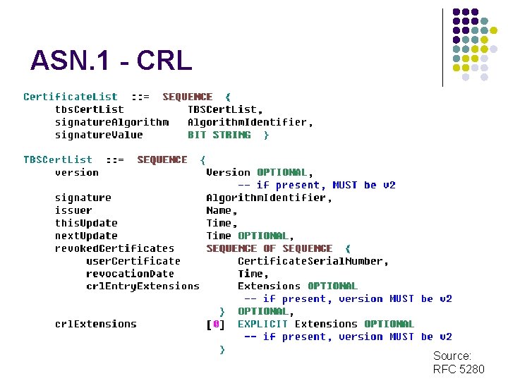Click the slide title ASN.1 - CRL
pos(111,61)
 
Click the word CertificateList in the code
pos(71,97)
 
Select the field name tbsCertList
pos(89,109)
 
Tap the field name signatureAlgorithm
pos(111,122)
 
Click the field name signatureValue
pos(99,135)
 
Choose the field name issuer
pos(73,210)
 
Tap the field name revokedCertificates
pos(114,248)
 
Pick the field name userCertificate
pos(133,261)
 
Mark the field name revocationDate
pos(130,274)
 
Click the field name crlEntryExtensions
pos(143,286)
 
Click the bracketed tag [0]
pos(215,324)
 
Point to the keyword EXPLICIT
pos(262,324)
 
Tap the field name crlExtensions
pos(96,324)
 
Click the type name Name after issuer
pos(220,210)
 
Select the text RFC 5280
pos(459,369)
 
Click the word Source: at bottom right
pos(452,356)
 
